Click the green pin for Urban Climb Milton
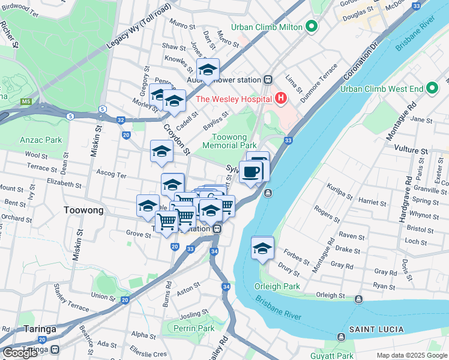click(311, 27)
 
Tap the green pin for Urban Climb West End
click(432, 89)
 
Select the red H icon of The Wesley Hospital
click(280, 98)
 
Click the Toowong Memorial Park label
click(229, 141)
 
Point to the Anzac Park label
click(41, 140)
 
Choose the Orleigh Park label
click(277, 286)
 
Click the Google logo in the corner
click(20, 353)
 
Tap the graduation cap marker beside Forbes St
click(262, 247)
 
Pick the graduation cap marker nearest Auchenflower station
click(208, 70)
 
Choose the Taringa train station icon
click(55, 349)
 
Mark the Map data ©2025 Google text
click(411, 355)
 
